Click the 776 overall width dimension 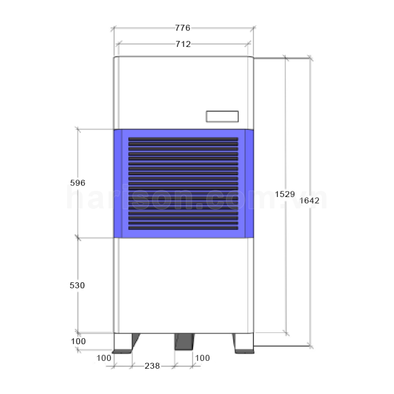tap(183, 28)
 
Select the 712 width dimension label tap(183, 44)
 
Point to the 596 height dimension tap(77, 183)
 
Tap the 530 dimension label tap(77, 285)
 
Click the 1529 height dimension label tap(285, 193)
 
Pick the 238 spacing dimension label tap(152, 366)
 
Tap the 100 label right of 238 tap(202, 358)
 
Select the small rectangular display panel tap(222, 116)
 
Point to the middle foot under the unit tap(184, 342)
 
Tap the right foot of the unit tap(243, 343)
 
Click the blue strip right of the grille tap(249, 184)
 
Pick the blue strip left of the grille tap(117, 184)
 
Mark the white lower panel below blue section tap(183, 285)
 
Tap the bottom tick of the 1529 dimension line tap(286, 333)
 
